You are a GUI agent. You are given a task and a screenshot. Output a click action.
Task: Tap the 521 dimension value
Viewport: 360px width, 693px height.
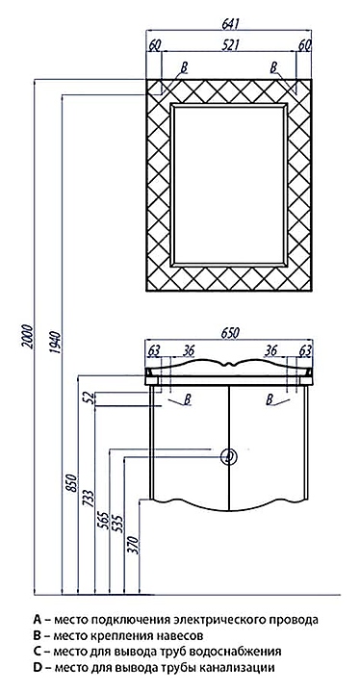point(230,44)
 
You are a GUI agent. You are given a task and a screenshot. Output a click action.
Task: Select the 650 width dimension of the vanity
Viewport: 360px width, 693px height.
point(229,333)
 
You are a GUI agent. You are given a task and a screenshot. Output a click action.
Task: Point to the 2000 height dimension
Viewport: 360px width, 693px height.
point(28,337)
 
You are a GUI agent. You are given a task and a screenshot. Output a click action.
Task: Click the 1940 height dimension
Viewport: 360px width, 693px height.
point(56,344)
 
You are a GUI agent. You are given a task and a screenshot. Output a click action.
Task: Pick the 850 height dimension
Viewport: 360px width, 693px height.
point(72,484)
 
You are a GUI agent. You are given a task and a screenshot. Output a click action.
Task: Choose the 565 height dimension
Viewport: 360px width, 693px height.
point(104,522)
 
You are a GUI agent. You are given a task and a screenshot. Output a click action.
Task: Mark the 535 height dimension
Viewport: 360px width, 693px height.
point(118,524)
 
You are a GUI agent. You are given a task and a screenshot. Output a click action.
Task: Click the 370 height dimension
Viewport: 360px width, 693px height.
point(134,545)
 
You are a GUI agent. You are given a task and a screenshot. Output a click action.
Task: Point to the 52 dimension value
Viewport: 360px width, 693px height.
point(90,398)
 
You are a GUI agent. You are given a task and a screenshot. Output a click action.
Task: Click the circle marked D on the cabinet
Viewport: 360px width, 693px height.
point(229,456)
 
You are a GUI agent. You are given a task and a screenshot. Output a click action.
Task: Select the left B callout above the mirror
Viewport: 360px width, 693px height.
point(184,67)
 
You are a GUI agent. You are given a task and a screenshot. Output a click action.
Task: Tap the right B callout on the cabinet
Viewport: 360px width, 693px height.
point(270,400)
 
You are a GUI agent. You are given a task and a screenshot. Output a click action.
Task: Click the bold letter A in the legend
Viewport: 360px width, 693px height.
point(38,619)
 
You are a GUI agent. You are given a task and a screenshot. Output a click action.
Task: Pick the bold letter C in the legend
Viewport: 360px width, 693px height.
point(37,651)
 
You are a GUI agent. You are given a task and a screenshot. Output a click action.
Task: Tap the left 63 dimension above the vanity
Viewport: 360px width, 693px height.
point(153,351)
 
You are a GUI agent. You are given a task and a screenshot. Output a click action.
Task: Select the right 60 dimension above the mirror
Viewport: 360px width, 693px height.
point(305,44)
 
